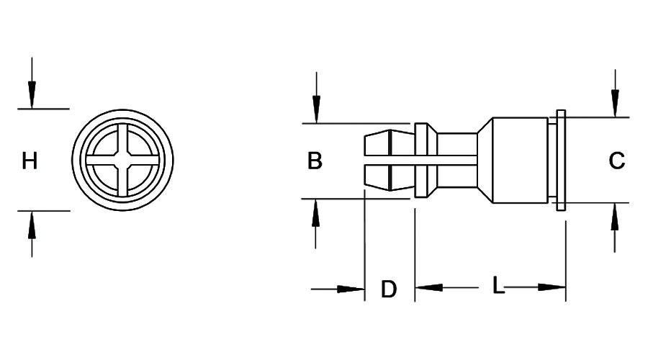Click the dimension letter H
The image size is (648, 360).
pos(30,161)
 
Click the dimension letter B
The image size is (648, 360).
pos(315,161)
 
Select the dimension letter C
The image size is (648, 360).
pos(616,161)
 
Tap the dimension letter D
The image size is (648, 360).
pos(389,289)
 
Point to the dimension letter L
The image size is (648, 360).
pos(498,286)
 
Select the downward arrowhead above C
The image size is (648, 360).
pos(615,104)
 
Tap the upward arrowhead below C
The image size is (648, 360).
pos(615,216)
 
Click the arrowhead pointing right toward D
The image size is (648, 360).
pos(353,289)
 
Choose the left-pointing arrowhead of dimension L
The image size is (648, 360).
pos(428,287)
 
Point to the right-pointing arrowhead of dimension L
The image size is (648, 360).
pos(553,287)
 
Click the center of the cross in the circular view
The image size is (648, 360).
pos(123,159)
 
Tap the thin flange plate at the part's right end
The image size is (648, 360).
pos(562,160)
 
